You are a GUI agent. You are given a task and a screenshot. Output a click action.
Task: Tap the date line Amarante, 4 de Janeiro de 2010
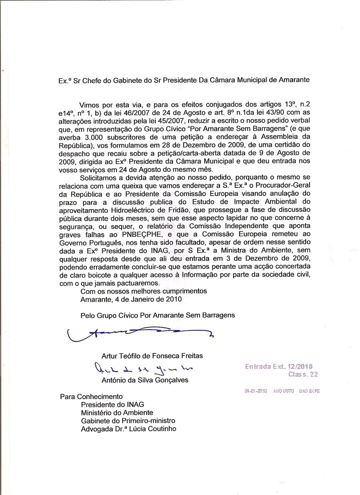[x=131, y=299]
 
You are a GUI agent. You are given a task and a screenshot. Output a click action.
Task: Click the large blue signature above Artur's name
[x=139, y=333]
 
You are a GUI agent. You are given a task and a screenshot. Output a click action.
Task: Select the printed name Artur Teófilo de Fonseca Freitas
[x=152, y=356]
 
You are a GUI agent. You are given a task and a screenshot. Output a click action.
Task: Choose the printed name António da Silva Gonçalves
[x=145, y=380]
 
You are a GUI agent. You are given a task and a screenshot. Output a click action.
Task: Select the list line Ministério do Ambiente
[x=117, y=413]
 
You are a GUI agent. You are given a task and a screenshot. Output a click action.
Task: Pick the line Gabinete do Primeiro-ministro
[x=128, y=421]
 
